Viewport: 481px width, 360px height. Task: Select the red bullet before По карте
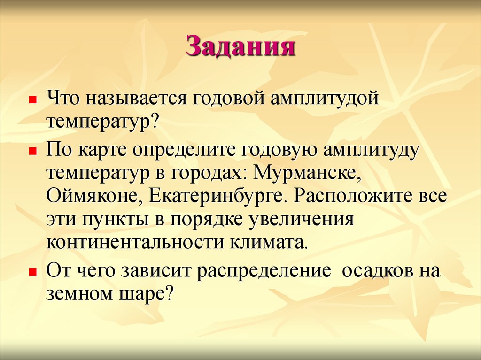click(x=32, y=153)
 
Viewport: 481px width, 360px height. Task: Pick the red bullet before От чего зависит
click(x=32, y=272)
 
